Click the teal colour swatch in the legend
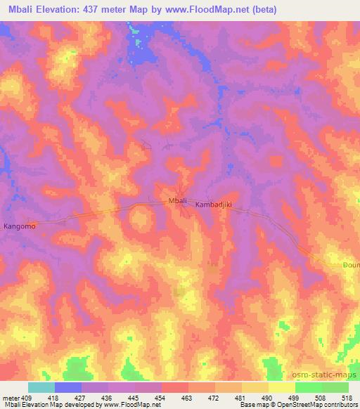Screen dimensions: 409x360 (x=41, y=387)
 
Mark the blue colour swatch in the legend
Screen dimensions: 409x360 (x=68, y=387)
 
